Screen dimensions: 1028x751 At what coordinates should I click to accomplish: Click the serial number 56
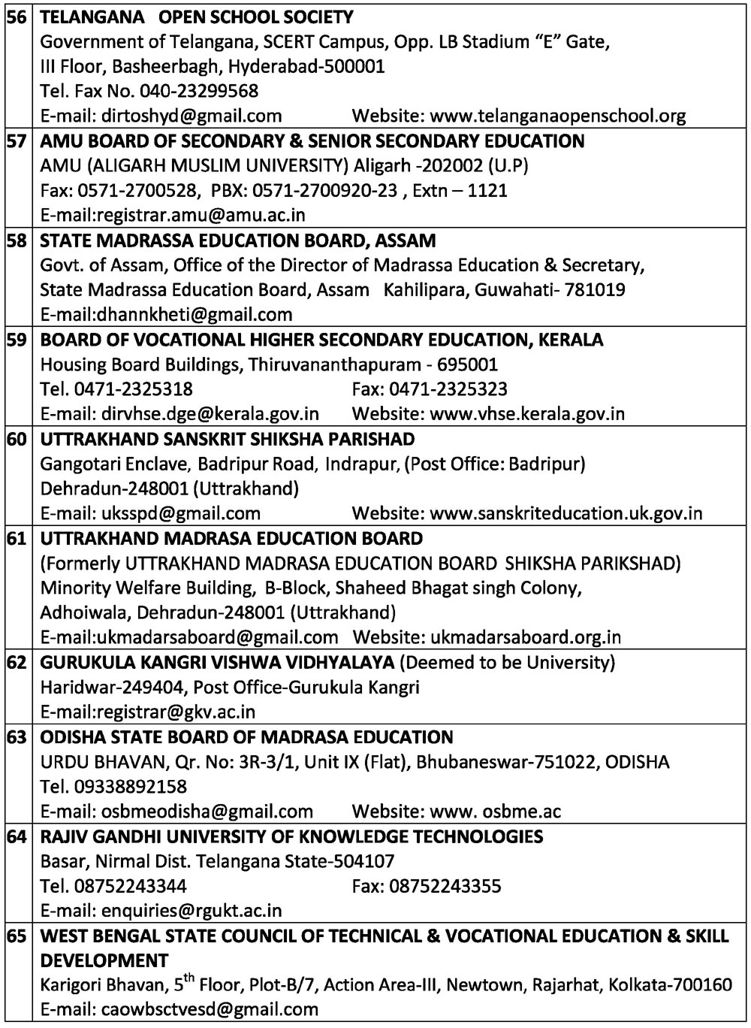click(17, 17)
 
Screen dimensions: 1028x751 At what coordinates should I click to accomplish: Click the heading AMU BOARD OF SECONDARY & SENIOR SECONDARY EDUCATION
click(312, 141)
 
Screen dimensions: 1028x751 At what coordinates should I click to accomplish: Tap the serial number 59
click(17, 340)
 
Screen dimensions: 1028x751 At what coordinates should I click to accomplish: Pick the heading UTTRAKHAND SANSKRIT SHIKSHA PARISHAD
click(227, 439)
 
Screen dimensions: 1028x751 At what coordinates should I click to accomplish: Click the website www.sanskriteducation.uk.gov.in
click(566, 513)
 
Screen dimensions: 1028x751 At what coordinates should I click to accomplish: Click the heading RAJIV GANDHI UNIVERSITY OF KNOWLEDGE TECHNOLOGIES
click(291, 836)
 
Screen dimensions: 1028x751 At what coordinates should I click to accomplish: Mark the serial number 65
click(17, 936)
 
